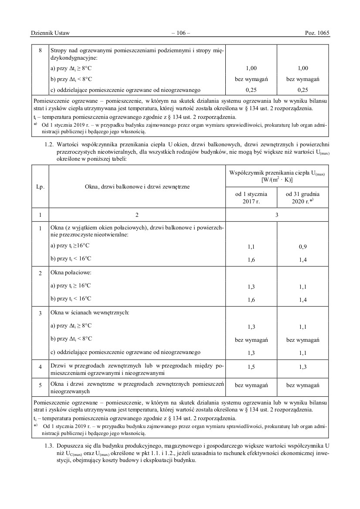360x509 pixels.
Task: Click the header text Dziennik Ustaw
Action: [51, 33]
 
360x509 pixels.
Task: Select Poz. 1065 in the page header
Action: [317, 33]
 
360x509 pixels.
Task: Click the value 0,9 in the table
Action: [303, 246]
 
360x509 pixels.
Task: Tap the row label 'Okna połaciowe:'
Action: [71, 273]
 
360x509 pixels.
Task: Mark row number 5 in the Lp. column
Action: [40, 385]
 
